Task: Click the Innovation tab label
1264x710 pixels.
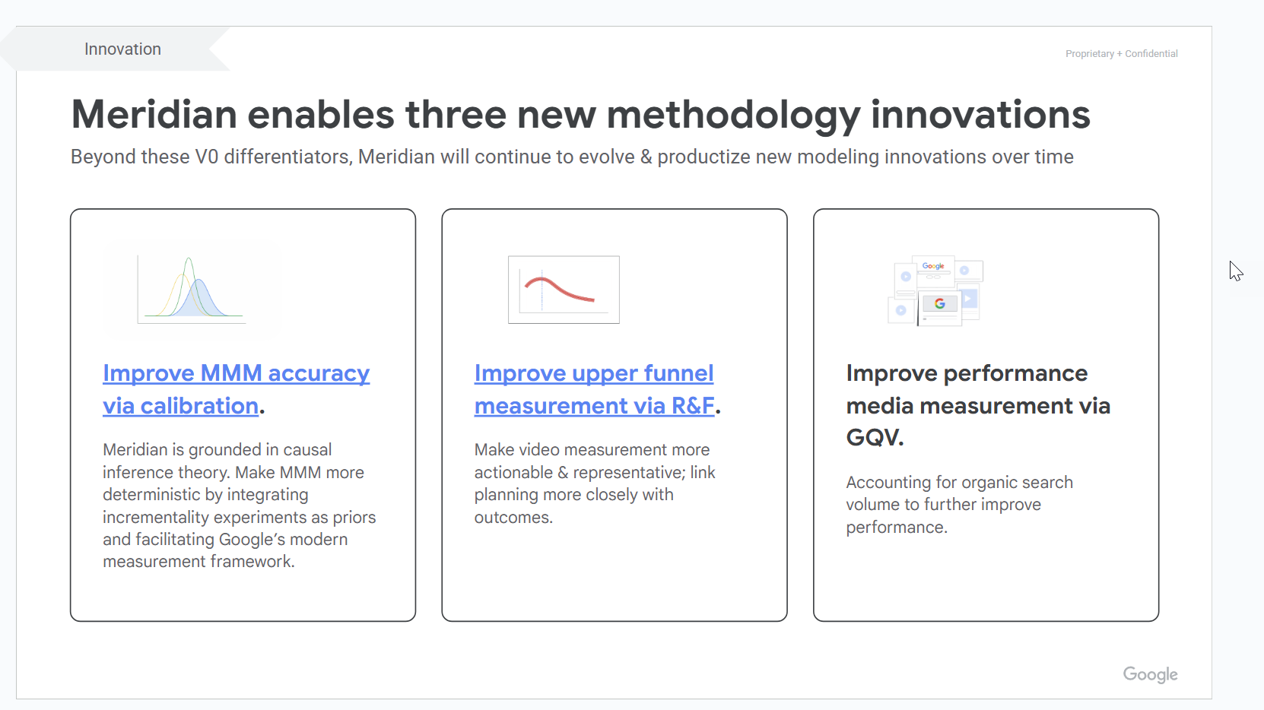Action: click(x=122, y=49)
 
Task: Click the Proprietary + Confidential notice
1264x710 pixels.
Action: click(x=1121, y=53)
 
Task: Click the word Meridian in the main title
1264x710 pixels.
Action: click(x=154, y=115)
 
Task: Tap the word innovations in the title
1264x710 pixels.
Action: click(x=980, y=115)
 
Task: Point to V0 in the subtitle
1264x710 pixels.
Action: click(x=207, y=157)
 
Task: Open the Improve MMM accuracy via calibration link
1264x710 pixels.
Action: click(x=236, y=389)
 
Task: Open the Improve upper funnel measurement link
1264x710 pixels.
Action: click(x=594, y=389)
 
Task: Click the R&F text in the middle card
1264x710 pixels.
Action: click(x=693, y=405)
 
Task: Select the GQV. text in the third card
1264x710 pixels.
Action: click(x=875, y=437)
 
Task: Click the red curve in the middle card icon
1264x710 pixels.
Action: click(x=559, y=288)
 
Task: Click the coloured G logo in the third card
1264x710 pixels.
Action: click(x=939, y=304)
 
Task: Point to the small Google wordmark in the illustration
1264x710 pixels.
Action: click(x=932, y=265)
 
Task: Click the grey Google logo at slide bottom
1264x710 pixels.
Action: click(x=1150, y=674)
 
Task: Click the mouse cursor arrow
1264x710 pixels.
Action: click(x=1236, y=271)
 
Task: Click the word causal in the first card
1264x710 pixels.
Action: click(x=307, y=449)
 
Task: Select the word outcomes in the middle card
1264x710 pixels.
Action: click(x=513, y=517)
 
